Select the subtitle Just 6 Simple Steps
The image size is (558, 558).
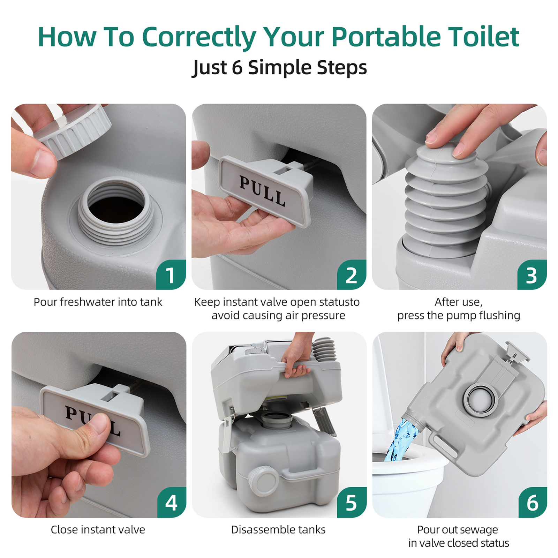coord(279,67)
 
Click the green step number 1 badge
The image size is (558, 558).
coord(171,275)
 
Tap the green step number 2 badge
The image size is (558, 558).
coord(351,275)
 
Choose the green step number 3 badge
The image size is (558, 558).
coord(531,275)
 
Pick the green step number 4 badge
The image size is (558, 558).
coord(171,503)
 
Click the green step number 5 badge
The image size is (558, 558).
coord(352,503)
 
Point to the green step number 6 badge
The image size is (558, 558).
coord(532,503)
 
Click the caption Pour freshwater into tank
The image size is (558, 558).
coord(98,302)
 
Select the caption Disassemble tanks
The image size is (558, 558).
coord(278,530)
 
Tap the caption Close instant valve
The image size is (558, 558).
coord(98,530)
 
